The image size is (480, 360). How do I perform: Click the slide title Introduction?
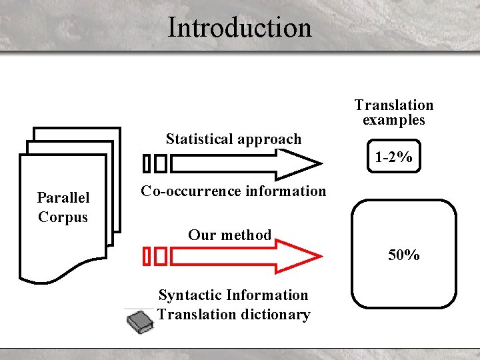[239, 28]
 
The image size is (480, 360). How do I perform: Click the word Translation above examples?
[393, 105]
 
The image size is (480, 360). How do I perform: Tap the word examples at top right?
[393, 120]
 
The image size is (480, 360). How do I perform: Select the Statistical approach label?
[233, 139]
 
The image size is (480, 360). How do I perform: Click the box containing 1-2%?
[393, 158]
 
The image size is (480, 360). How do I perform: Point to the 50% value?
[404, 255]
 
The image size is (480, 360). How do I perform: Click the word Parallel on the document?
[63, 197]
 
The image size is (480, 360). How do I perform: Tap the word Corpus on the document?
[63, 217]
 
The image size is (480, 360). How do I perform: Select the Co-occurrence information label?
[233, 191]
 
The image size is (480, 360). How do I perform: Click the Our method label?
[229, 235]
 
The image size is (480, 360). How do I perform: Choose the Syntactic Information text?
[233, 295]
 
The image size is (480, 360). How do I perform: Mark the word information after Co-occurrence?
[285, 191]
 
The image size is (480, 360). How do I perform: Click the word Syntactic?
[191, 295]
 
